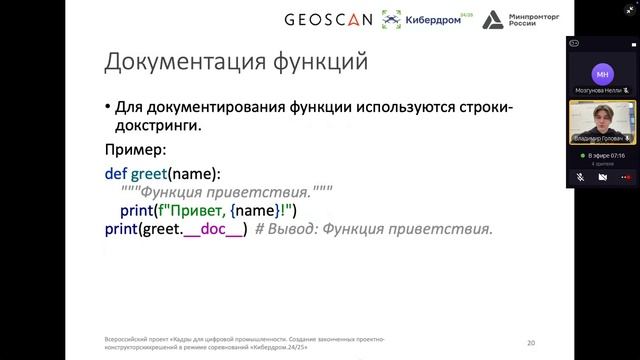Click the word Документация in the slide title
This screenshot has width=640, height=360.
click(179, 62)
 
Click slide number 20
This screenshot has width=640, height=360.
click(531, 342)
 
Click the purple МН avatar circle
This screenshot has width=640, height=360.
click(602, 75)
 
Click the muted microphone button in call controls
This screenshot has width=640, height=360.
click(580, 177)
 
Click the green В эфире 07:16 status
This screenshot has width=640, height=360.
click(602, 156)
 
